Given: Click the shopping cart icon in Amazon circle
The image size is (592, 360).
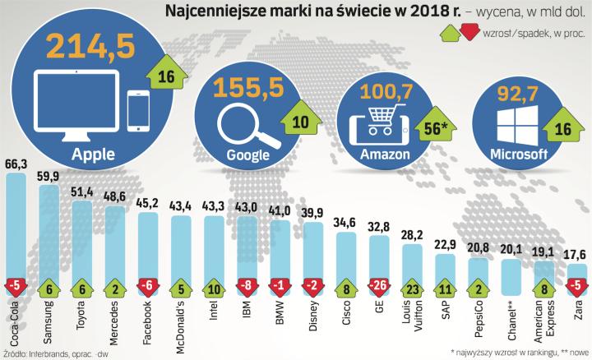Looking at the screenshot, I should (376, 122).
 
